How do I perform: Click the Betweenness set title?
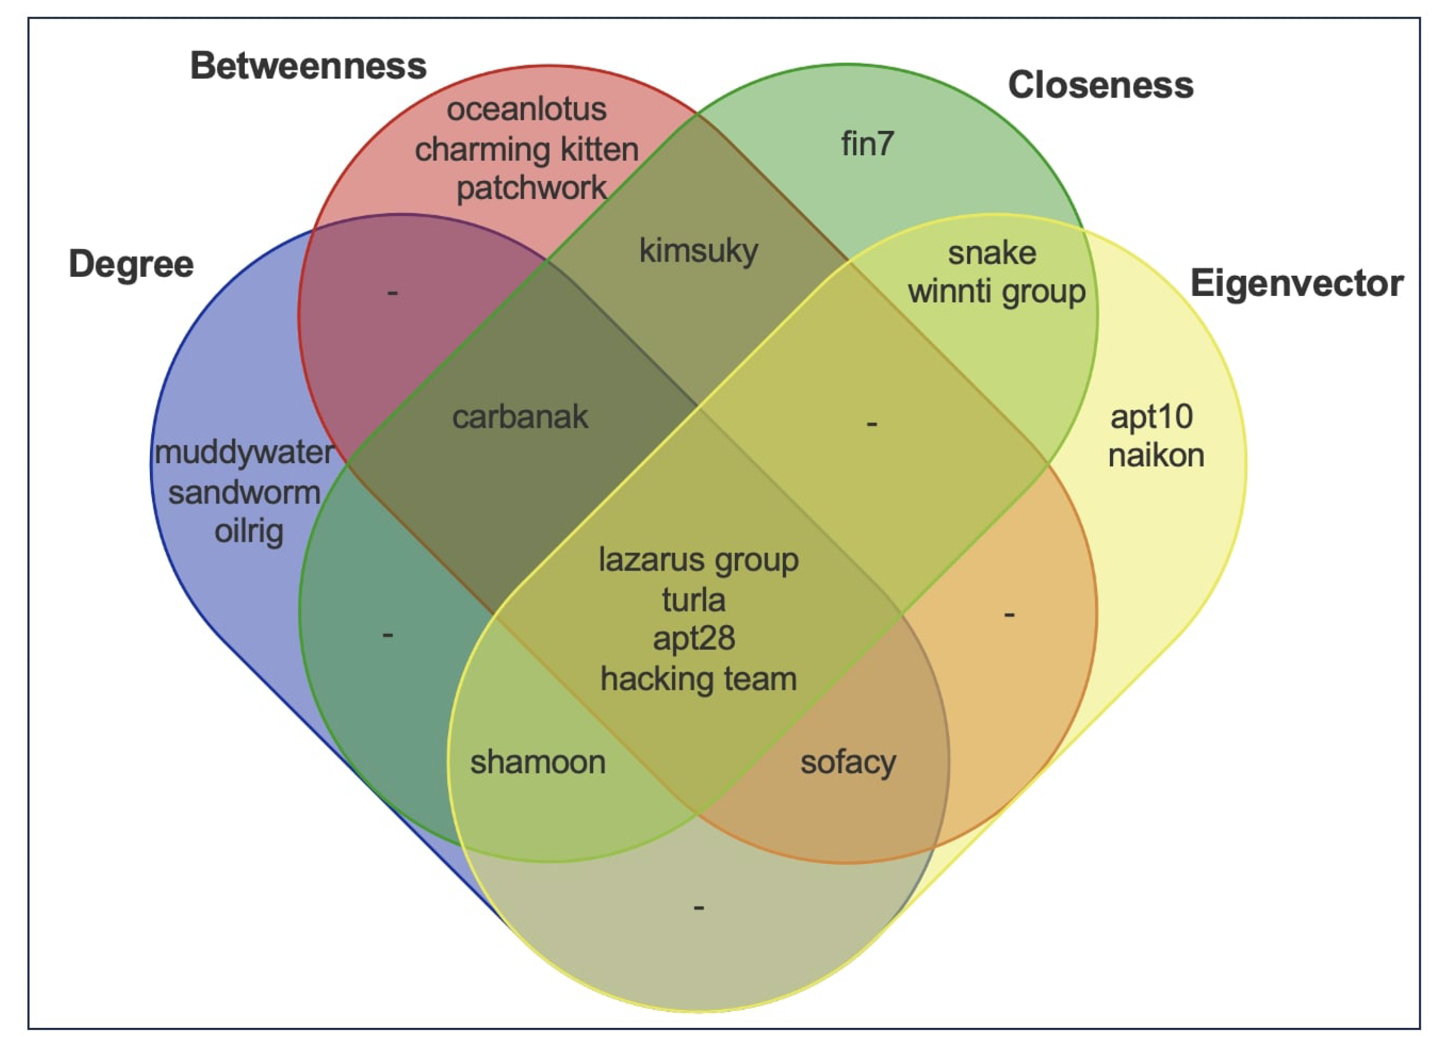pos(308,66)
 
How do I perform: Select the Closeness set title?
pos(1100,86)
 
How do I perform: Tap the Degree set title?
pos(131,264)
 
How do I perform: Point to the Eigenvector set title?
pos(1297,283)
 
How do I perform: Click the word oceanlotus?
pos(527,109)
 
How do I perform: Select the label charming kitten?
pos(527,149)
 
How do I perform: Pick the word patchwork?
pos(531,188)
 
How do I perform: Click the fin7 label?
pos(867,144)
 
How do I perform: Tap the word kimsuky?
pos(698,251)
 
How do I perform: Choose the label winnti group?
pos(997,292)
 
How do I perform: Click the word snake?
pos(992,253)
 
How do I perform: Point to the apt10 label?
pos(1151,417)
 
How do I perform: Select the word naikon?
pos(1156,456)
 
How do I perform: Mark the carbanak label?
pos(520,417)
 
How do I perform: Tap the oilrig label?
pos(249,531)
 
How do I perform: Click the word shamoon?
pos(538,762)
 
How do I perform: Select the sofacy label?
pos(848,762)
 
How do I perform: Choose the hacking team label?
pos(698,679)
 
